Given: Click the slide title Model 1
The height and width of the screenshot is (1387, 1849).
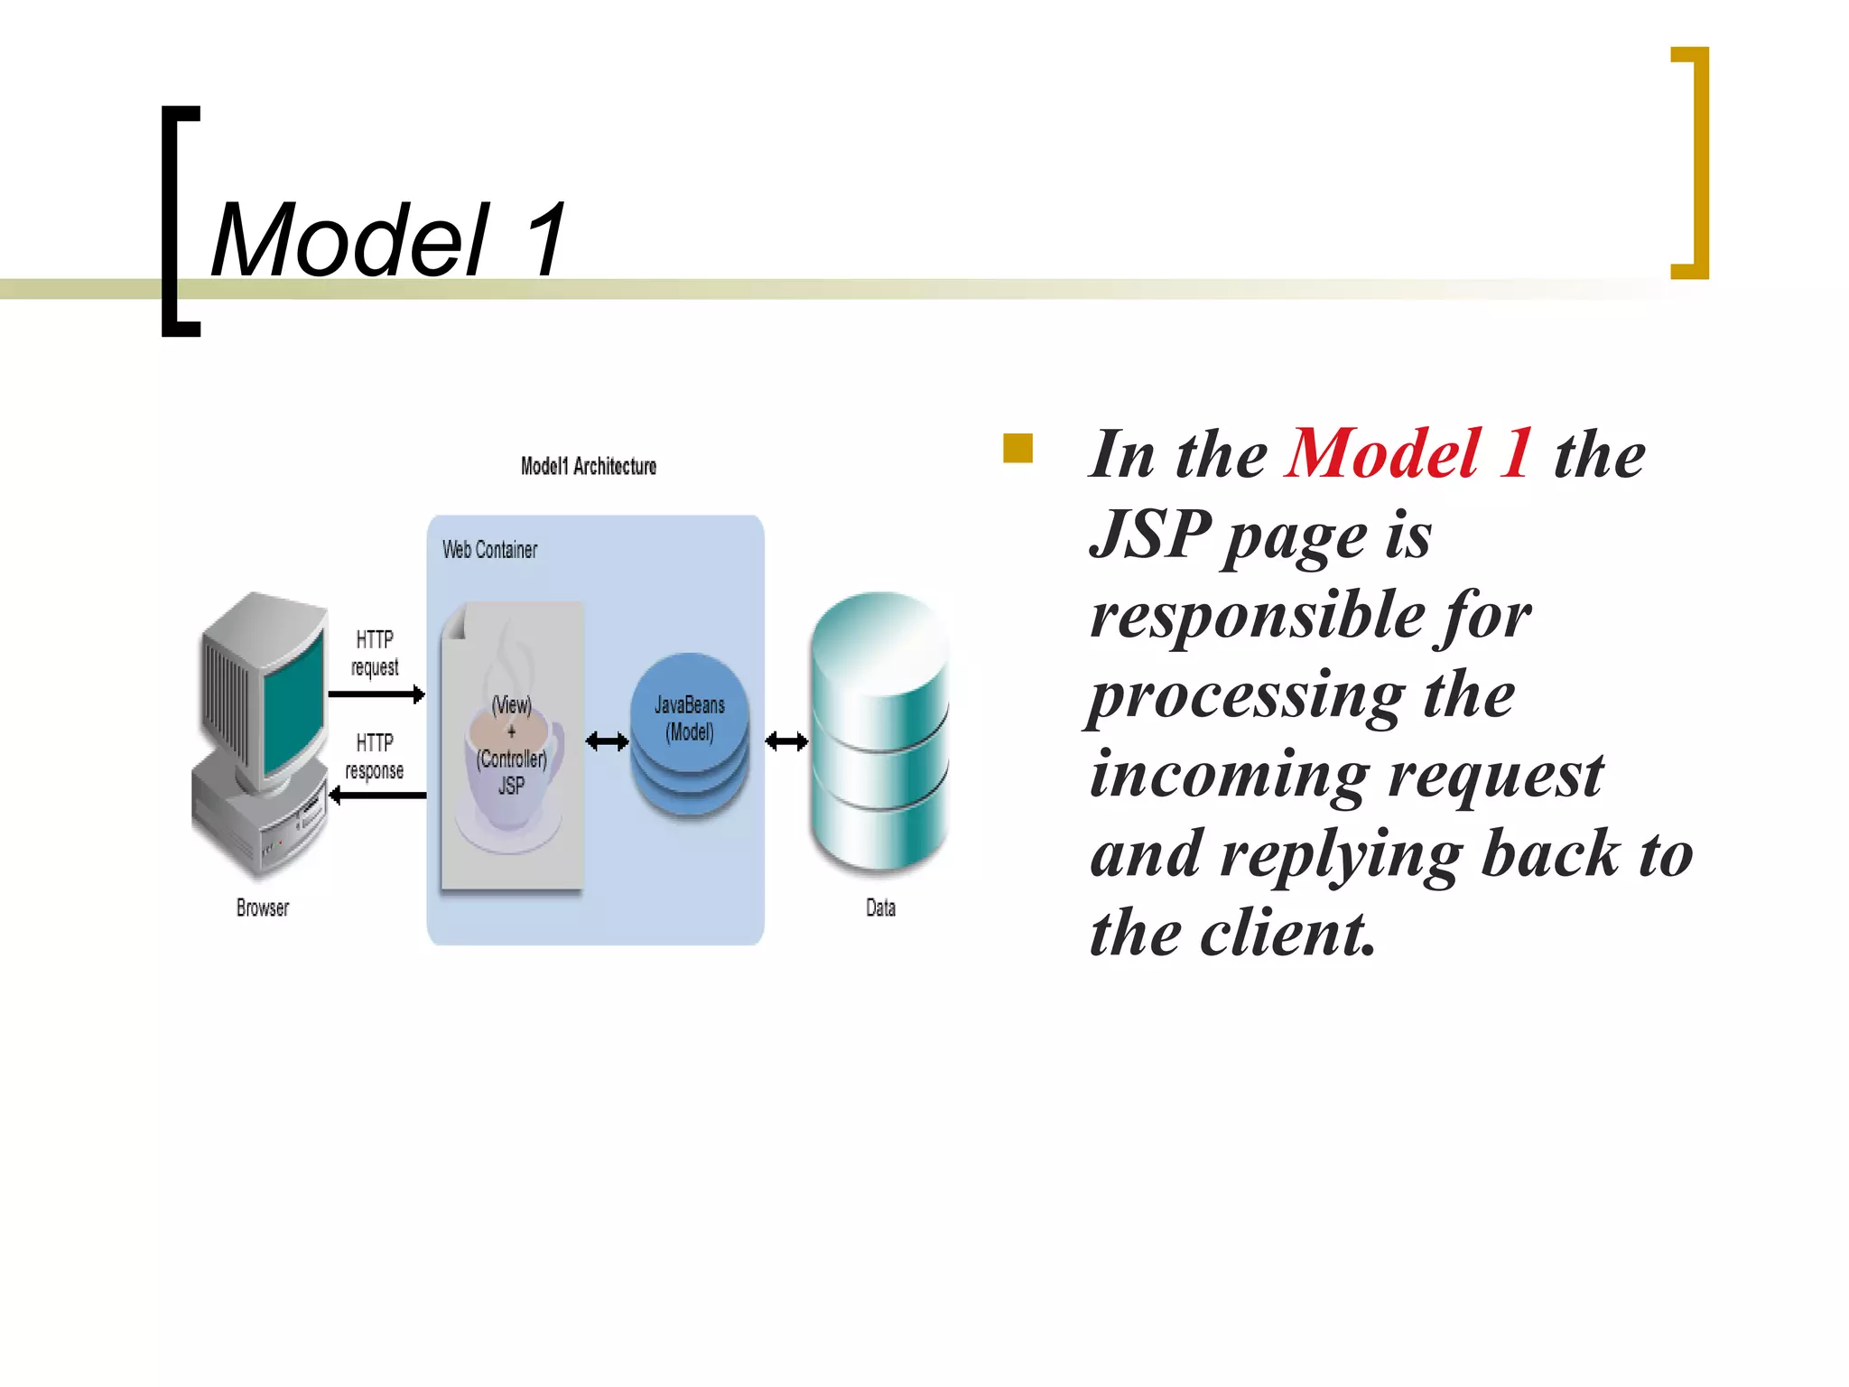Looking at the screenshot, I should [x=388, y=240].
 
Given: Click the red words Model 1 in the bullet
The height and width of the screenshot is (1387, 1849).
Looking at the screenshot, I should [x=1408, y=453].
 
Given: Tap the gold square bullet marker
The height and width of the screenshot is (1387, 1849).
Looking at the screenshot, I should [x=1017, y=448].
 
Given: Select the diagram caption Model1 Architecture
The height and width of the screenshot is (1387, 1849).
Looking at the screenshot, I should [x=588, y=466].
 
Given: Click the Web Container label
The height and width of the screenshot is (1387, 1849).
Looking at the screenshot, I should [x=489, y=549].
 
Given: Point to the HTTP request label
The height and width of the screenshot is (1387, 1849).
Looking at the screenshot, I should [x=375, y=653].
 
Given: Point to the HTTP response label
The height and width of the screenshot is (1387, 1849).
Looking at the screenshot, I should [x=375, y=757].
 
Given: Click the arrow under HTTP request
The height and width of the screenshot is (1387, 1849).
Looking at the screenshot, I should [x=376, y=694].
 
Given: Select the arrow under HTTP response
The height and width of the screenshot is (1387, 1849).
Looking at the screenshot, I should [x=377, y=796].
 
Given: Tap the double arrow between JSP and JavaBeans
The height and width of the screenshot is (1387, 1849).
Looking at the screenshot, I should [x=607, y=742].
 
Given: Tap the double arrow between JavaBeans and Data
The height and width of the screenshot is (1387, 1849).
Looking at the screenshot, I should [x=786, y=742].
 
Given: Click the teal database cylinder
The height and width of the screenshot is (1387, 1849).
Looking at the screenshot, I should [x=880, y=731].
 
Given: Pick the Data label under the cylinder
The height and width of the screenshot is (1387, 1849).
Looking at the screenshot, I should [x=880, y=908].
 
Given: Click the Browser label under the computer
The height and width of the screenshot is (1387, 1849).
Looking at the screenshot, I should [x=263, y=908].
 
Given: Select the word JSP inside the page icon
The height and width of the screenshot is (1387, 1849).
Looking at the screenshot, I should [x=511, y=786].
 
